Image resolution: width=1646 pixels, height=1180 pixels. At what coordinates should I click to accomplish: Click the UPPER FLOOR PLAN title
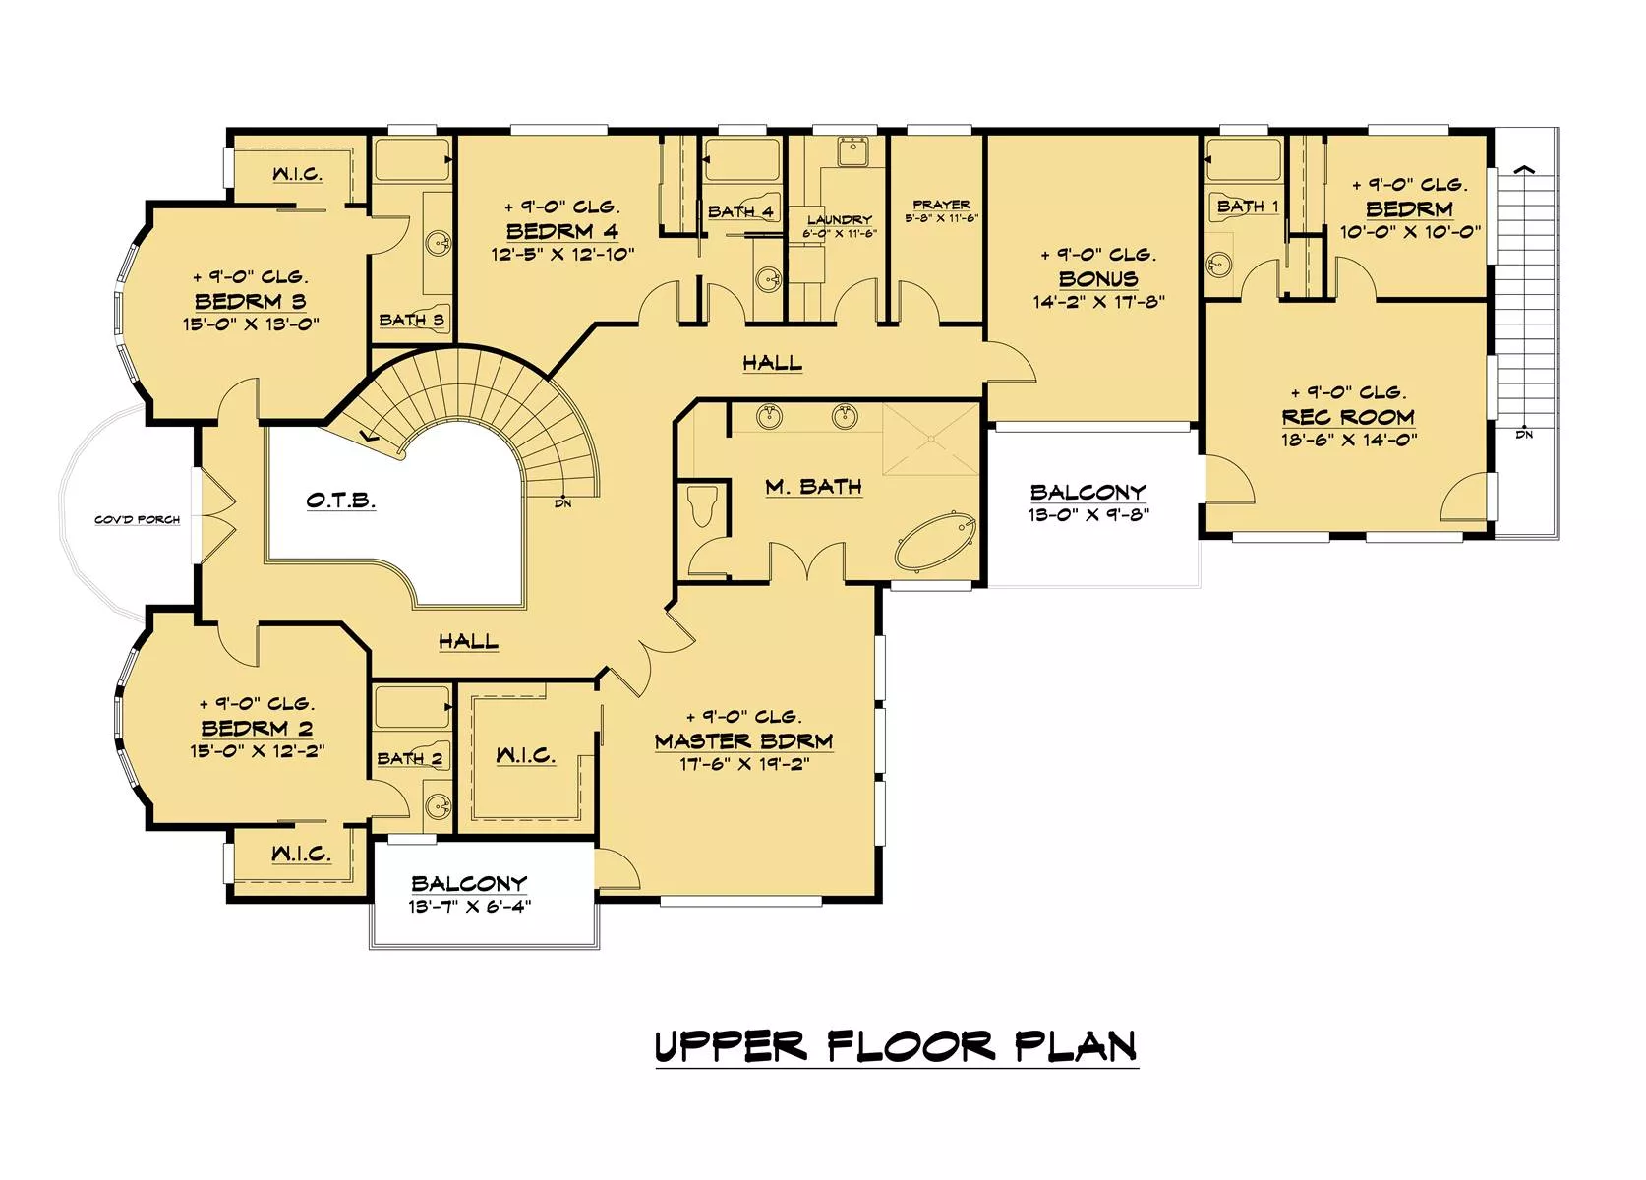[x=897, y=1046]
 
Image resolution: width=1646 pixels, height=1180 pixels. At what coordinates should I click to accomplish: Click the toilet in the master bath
[x=702, y=507]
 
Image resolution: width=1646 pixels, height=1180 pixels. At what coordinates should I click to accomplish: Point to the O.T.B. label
[x=341, y=501]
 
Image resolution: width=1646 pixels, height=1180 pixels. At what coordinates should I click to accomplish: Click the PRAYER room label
[x=941, y=205]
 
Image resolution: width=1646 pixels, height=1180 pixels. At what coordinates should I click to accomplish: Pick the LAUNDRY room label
[x=839, y=219]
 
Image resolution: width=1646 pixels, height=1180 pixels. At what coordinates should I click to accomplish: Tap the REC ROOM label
[x=1348, y=417]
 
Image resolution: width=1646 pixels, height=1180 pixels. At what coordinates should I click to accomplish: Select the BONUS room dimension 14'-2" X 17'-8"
[x=1098, y=302]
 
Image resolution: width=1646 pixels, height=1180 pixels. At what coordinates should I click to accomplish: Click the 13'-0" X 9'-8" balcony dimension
[x=1088, y=514]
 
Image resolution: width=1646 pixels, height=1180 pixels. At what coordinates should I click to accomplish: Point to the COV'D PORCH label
[x=138, y=519]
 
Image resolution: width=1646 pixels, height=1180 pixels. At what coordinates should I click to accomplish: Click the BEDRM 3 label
[x=251, y=301]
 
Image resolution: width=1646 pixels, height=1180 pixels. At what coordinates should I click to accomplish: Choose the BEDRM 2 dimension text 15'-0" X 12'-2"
[x=258, y=751]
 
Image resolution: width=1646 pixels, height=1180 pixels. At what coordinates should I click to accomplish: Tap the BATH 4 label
[x=740, y=211]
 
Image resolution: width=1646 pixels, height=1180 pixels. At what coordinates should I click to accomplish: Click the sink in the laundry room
[x=852, y=151]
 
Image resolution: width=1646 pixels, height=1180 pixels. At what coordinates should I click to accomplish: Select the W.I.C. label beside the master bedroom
[x=525, y=755]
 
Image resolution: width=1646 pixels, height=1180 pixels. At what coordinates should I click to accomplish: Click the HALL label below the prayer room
[x=772, y=362]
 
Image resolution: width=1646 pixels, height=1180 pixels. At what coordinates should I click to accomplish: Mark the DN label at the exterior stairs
[x=1524, y=435]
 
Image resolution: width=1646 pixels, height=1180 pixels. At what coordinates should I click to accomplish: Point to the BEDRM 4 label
[x=562, y=231]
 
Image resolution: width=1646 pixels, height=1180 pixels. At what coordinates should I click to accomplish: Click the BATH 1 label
[x=1248, y=206]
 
